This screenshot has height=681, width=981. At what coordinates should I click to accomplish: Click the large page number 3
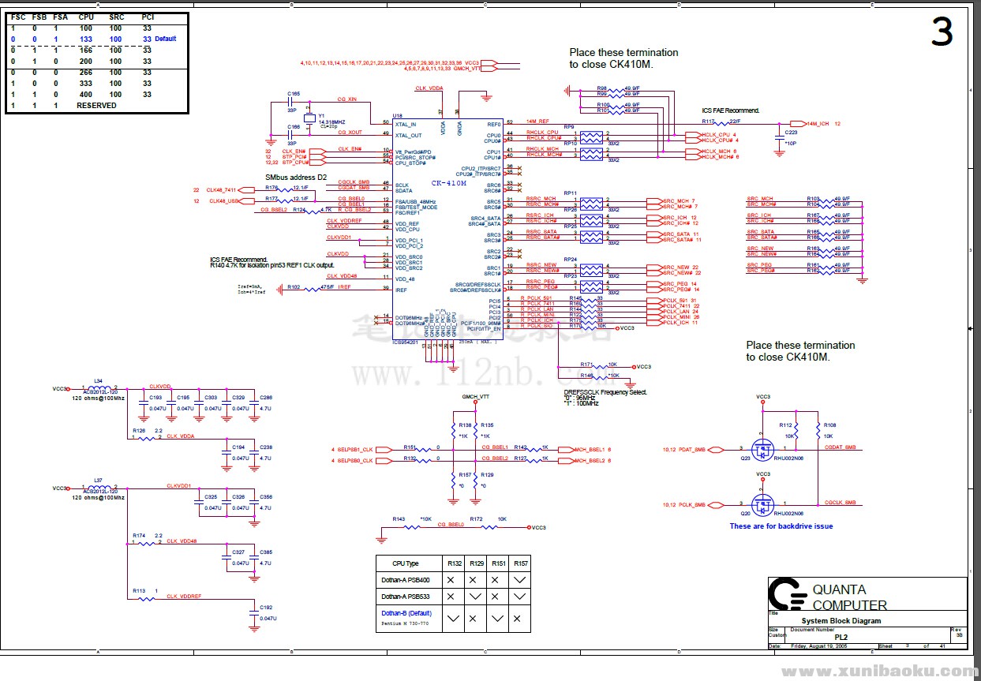[x=942, y=33]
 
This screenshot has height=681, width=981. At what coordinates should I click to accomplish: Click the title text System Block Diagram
[x=824, y=621]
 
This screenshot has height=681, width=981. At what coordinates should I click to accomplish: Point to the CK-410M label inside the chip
[x=448, y=182]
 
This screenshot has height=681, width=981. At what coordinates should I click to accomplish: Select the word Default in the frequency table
[x=166, y=39]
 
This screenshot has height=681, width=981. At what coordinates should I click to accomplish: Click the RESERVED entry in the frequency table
[x=96, y=105]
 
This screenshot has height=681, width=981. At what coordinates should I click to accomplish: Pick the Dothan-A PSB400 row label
[x=406, y=579]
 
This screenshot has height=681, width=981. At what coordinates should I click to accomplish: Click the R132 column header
[x=454, y=563]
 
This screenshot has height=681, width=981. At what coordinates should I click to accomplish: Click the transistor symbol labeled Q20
[x=762, y=503]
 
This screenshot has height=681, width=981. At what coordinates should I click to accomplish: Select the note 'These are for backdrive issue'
[x=781, y=526]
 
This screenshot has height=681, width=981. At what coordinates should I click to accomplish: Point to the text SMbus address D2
[x=295, y=178]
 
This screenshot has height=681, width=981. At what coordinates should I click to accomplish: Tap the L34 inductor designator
[x=98, y=380]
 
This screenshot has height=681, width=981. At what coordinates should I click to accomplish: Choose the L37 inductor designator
[x=98, y=480]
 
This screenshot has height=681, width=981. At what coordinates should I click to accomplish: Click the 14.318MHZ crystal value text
[x=331, y=122]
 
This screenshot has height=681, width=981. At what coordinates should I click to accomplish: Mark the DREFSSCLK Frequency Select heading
[x=605, y=391]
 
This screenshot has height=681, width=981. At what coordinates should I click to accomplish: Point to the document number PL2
[x=841, y=636]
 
